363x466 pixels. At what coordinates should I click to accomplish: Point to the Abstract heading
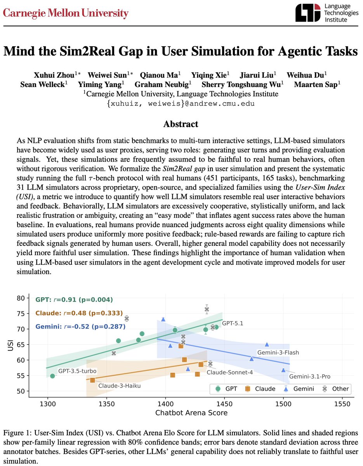point(181,124)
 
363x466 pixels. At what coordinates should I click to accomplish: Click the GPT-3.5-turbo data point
point(52,376)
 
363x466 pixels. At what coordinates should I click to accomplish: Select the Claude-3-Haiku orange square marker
point(92,380)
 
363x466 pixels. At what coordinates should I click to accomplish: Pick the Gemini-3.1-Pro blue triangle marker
point(283,370)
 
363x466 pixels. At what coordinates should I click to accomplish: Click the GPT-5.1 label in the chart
point(232,323)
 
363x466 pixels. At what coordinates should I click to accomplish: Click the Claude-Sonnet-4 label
point(224,372)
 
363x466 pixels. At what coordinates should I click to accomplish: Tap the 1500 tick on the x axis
point(283,404)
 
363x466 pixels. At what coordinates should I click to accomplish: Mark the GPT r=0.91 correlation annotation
point(74,300)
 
